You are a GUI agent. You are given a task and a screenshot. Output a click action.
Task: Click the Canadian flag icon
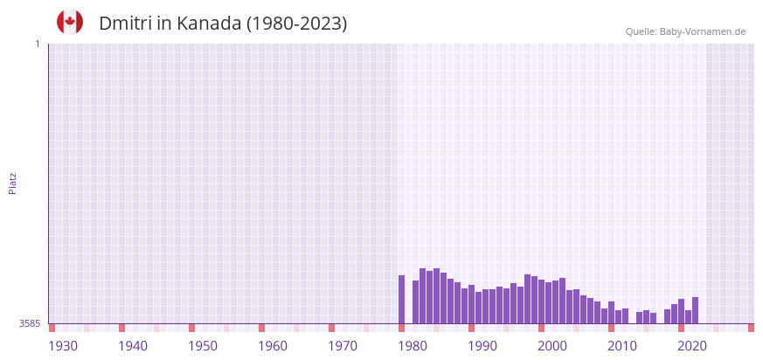click(x=70, y=22)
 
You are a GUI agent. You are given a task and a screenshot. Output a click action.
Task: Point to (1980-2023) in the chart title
click(x=297, y=24)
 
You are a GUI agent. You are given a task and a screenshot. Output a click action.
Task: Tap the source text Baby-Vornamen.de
click(x=703, y=31)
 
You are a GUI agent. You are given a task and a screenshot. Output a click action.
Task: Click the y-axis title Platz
click(x=12, y=183)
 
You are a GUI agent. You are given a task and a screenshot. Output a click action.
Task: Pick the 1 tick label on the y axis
click(x=37, y=44)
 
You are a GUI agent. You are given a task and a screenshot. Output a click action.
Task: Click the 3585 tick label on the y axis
click(x=30, y=323)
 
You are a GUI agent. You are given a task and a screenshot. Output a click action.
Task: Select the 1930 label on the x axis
click(x=63, y=346)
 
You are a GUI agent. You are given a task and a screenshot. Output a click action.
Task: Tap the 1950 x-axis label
click(x=203, y=346)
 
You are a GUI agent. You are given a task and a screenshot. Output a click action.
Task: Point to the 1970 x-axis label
click(x=343, y=346)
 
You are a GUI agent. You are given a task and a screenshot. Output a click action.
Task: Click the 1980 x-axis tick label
click(x=413, y=346)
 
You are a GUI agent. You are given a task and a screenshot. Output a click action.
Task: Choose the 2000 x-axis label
click(x=552, y=346)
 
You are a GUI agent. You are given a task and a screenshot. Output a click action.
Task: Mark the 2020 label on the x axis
click(x=692, y=346)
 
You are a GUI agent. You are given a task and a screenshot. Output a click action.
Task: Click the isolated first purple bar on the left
click(x=402, y=300)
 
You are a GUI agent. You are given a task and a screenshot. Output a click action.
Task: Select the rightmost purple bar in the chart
click(x=696, y=310)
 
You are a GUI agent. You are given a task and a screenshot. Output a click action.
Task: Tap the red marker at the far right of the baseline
click(x=751, y=328)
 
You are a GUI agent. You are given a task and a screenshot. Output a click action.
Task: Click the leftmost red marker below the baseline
click(x=52, y=328)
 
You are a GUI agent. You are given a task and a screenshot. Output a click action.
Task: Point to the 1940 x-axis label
click(x=133, y=346)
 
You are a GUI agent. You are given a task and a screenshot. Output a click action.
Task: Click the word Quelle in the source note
click(x=641, y=31)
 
